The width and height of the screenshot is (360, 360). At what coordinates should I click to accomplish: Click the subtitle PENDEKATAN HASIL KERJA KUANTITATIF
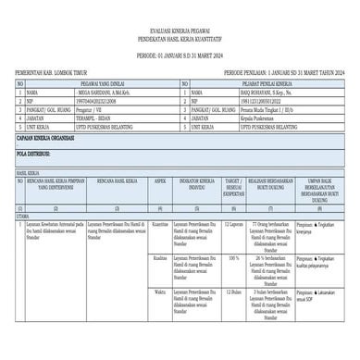click(180, 38)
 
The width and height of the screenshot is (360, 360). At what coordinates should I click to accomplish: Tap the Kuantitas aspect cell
click(158, 223)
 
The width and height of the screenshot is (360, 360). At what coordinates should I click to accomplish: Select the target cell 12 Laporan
click(233, 223)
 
